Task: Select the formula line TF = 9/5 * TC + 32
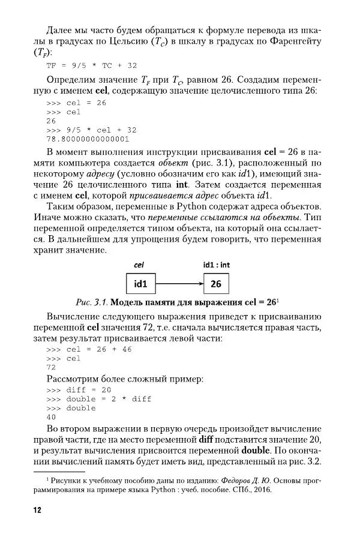pos(91,65)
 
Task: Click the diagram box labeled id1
pos(140,283)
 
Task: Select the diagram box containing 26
pos(217,283)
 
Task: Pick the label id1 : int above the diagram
pos(217,265)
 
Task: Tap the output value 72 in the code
pos(51,367)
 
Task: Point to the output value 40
pos(51,417)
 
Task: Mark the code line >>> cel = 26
pos(76,103)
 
